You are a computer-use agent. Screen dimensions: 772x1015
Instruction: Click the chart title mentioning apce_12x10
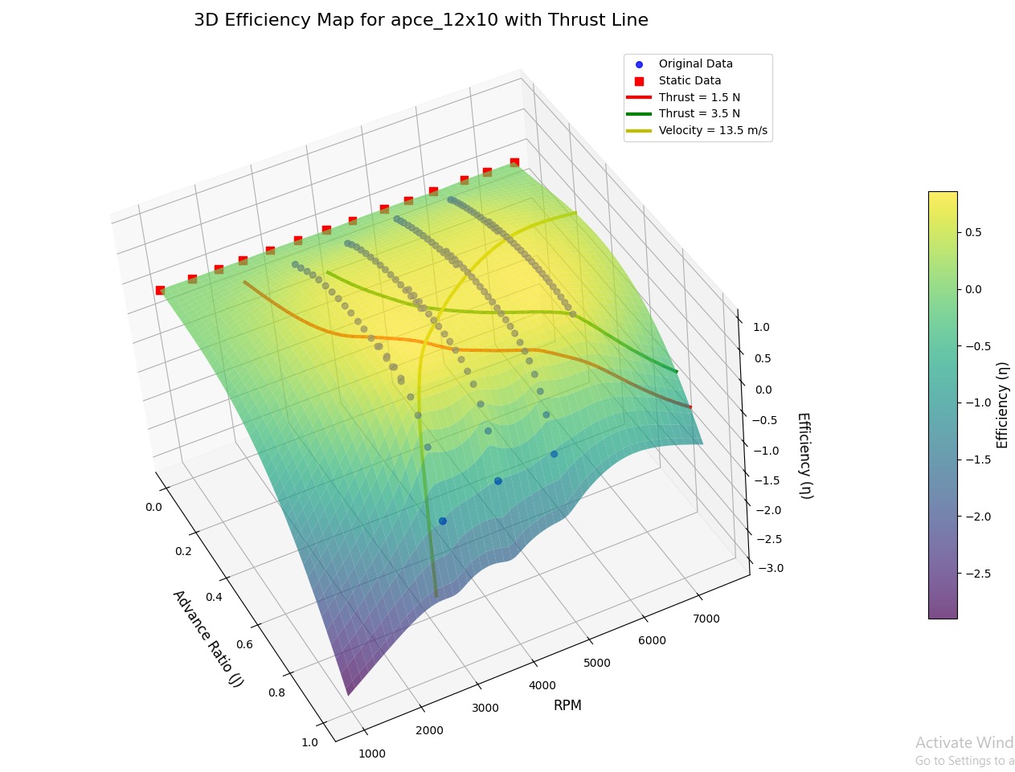[420, 21]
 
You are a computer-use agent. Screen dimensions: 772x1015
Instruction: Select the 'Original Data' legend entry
[695, 63]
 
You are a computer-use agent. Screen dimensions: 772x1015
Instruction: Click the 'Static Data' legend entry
[690, 80]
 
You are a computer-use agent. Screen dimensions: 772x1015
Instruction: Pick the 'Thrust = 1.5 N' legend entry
[699, 97]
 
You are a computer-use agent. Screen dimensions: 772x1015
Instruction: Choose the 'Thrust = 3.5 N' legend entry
[699, 114]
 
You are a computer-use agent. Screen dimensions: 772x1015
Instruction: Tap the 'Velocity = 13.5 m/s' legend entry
[713, 130]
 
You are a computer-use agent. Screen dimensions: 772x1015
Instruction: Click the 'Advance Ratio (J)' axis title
[207, 638]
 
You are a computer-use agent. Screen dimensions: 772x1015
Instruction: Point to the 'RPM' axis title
[567, 705]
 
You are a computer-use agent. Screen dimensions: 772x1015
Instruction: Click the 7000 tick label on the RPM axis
[706, 619]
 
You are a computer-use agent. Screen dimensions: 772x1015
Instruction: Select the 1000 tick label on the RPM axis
[372, 754]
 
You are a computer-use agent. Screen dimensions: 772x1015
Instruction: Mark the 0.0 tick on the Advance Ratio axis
[153, 507]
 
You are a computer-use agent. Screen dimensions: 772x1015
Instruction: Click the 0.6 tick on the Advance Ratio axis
[244, 644]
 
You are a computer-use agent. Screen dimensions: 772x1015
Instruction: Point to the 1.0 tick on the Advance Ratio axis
[309, 741]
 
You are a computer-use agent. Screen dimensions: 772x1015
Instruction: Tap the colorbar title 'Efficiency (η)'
[1002, 404]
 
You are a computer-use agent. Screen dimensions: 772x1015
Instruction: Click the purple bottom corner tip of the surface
[348, 694]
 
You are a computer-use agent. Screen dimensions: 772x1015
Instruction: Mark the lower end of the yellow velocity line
[436, 595]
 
